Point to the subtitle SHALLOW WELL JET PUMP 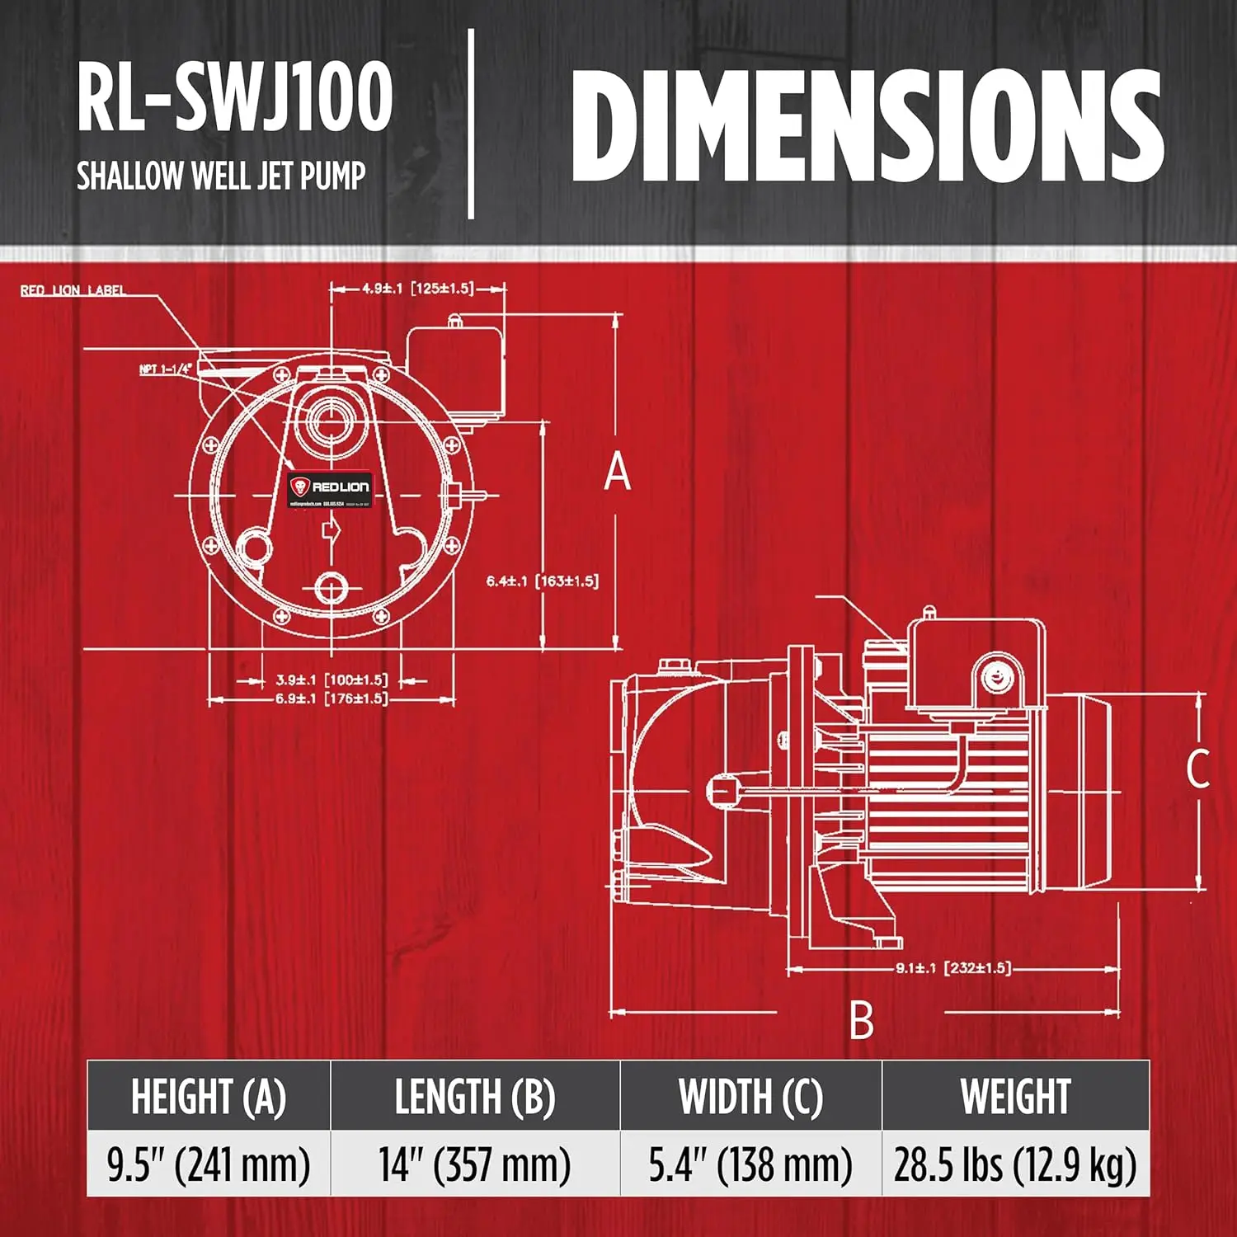point(221,176)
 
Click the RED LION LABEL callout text point(73,290)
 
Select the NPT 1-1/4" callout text point(165,369)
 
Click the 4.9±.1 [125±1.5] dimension point(417,289)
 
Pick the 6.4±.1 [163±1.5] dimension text point(542,581)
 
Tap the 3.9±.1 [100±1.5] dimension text point(331,680)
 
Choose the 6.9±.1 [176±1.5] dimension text point(331,699)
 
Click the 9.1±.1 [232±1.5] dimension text point(953,968)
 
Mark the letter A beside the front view point(617,473)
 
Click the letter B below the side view point(861,1021)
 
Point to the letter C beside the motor point(1197,769)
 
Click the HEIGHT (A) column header point(209,1097)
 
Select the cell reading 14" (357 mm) point(475,1164)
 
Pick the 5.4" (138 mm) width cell point(750,1164)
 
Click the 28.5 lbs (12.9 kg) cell point(1015,1164)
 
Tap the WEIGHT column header point(1015,1097)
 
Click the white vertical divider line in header point(472,124)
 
